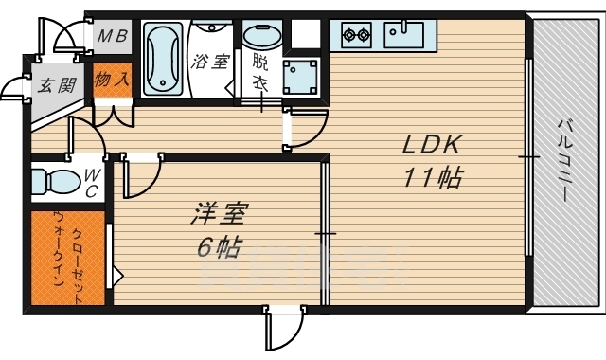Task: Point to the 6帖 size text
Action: point(218,248)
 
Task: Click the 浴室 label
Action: point(209,63)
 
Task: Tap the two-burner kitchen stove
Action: point(357,35)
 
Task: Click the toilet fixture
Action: point(55,180)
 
